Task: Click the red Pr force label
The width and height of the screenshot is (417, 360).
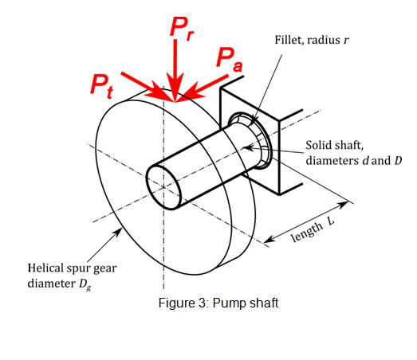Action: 182,29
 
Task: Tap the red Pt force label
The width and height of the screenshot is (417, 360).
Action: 102,85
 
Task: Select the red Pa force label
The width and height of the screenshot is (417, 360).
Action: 230,60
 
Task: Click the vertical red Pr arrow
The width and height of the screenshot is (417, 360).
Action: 175,70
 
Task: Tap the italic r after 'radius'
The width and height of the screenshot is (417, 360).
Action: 346,40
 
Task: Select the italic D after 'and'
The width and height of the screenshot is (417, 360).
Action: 398,160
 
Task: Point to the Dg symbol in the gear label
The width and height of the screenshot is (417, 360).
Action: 85,284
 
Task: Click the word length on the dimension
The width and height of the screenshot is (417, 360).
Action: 307,232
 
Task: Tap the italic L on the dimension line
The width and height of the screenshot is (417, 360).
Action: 330,221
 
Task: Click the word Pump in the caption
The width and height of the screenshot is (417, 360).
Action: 227,303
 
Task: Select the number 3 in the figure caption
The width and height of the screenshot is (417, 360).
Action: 202,303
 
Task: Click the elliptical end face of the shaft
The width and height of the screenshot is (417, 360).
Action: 163,187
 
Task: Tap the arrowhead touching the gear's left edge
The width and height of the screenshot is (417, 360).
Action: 117,233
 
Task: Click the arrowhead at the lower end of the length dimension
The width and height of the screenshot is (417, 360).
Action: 269,239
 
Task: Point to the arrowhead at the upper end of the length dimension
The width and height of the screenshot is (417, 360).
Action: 343,205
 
